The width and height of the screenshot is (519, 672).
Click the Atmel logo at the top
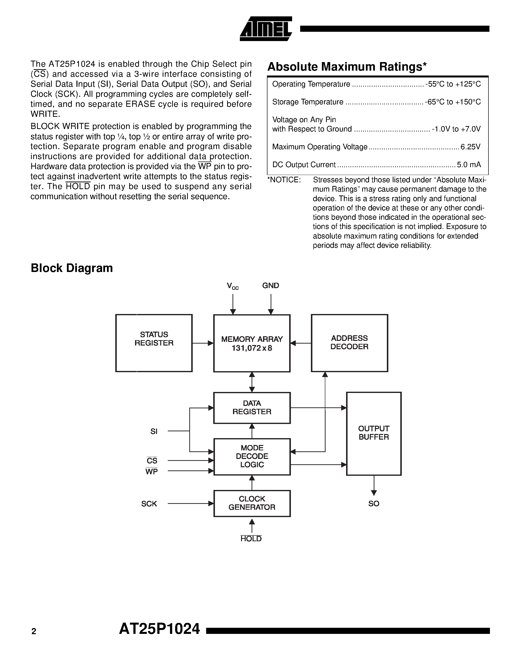tap(266, 29)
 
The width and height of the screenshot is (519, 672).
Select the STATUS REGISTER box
tap(154, 343)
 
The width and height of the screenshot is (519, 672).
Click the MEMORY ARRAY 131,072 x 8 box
tap(252, 343)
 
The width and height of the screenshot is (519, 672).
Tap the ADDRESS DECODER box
tap(349, 343)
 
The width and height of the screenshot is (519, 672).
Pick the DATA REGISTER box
tap(252, 408)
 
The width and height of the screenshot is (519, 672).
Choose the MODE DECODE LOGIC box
tap(252, 457)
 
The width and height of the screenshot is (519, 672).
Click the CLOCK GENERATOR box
tap(252, 503)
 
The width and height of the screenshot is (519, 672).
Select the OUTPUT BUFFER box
tap(374, 434)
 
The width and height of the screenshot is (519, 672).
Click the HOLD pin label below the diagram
tap(251, 539)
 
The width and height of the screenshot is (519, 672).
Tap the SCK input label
tap(149, 504)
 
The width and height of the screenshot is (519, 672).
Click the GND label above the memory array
tap(271, 285)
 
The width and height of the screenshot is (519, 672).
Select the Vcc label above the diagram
tap(233, 286)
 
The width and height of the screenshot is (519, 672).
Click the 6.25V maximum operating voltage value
tap(470, 147)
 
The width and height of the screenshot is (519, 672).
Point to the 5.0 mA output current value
tap(469, 165)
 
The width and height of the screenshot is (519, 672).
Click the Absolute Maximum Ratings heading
tap(347, 67)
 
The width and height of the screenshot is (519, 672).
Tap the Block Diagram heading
tap(72, 268)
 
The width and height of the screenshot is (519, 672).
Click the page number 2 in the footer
tap(34, 631)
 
